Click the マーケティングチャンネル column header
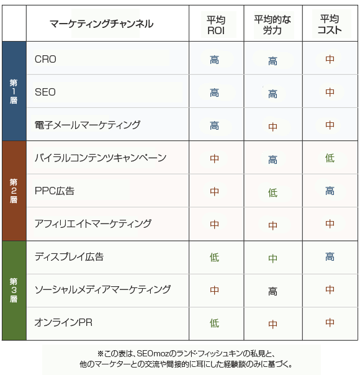click(x=101, y=24)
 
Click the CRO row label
click(x=45, y=60)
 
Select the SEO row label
click(x=45, y=92)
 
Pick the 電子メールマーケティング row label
click(x=88, y=125)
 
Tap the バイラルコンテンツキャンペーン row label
click(x=101, y=158)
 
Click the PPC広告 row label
click(x=55, y=191)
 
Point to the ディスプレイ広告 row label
click(x=69, y=256)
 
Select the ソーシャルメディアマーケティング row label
click(x=102, y=289)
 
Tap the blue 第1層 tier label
click(x=14, y=91)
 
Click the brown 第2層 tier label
click(x=14, y=191)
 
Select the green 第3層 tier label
click(x=14, y=290)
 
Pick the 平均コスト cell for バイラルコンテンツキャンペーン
click(x=330, y=158)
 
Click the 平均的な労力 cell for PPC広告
click(x=272, y=192)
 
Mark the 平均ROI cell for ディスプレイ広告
click(x=214, y=257)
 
